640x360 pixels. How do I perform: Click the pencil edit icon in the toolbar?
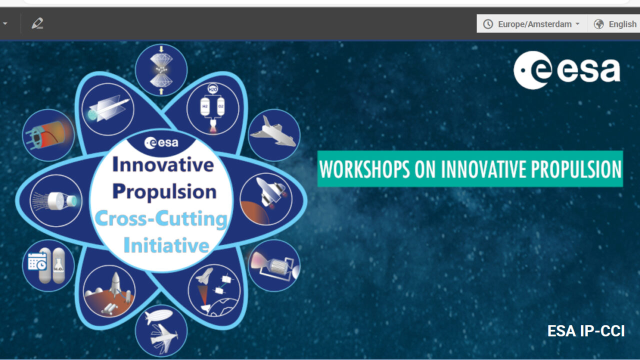pyautogui.click(x=37, y=23)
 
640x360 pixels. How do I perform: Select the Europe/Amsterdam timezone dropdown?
pyautogui.click(x=531, y=24)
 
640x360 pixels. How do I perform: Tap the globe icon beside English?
pyautogui.click(x=598, y=24)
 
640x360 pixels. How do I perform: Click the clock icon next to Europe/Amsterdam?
pyautogui.click(x=488, y=24)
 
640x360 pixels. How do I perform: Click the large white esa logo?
pyautogui.click(x=567, y=70)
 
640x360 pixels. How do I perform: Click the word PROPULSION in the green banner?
pyautogui.click(x=576, y=169)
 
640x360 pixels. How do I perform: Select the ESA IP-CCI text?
pyautogui.click(x=585, y=331)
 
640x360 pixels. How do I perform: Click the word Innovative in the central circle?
pyautogui.click(x=163, y=165)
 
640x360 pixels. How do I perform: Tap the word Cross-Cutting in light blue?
pyautogui.click(x=161, y=219)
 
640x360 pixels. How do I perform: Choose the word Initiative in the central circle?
pyautogui.click(x=166, y=245)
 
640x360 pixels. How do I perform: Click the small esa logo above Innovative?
pyautogui.click(x=161, y=142)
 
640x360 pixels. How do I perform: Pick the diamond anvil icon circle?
pyautogui.click(x=161, y=70)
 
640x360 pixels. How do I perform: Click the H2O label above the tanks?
pyautogui.click(x=212, y=89)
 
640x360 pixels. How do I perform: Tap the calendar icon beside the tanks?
pyautogui.click(x=37, y=261)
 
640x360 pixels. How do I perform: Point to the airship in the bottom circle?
pyautogui.click(x=158, y=316)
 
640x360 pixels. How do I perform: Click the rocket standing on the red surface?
pyautogui.click(x=115, y=284)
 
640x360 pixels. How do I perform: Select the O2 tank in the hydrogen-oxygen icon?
pyautogui.click(x=221, y=106)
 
